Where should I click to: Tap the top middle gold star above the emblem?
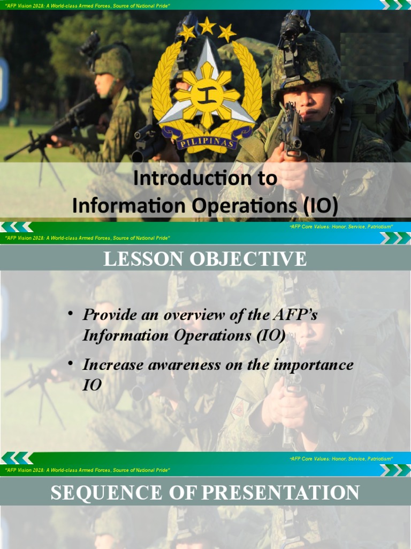point(207,24)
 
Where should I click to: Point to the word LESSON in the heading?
point(140,259)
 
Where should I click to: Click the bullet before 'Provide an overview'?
point(70,313)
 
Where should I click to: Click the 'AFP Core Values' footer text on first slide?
point(341,227)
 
